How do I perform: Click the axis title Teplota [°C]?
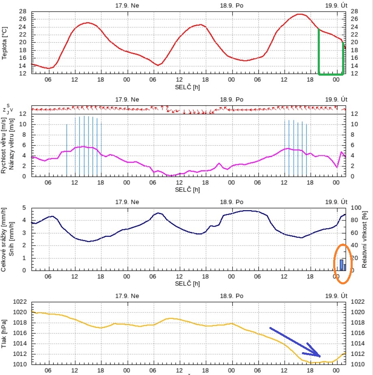coord(4,42)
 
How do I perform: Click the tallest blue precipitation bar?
coord(341,265)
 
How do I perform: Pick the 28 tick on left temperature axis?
coord(23,11)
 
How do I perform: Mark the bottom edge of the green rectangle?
coord(331,74)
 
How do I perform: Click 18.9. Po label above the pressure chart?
coord(232,294)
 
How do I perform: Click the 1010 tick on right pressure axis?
coord(357,364)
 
